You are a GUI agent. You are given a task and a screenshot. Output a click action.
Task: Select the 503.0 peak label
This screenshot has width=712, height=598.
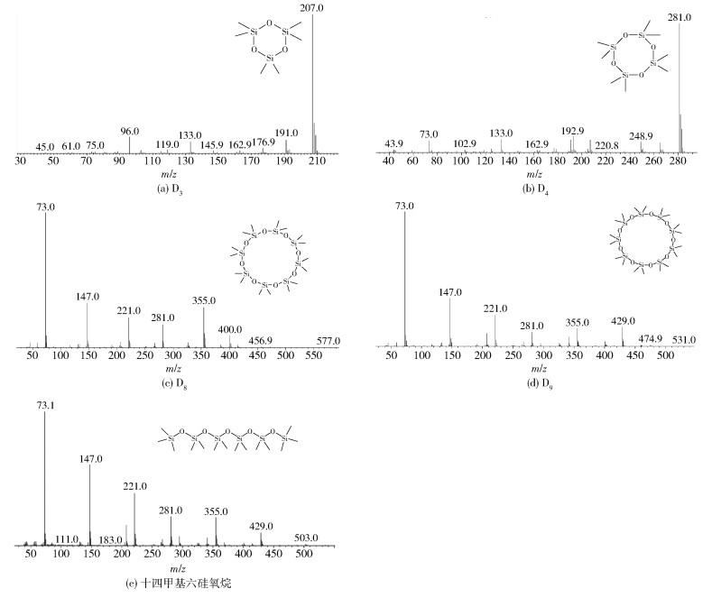pyautogui.click(x=307, y=538)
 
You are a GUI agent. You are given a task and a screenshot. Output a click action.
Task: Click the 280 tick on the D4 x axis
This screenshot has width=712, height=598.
pyautogui.click(x=678, y=162)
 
